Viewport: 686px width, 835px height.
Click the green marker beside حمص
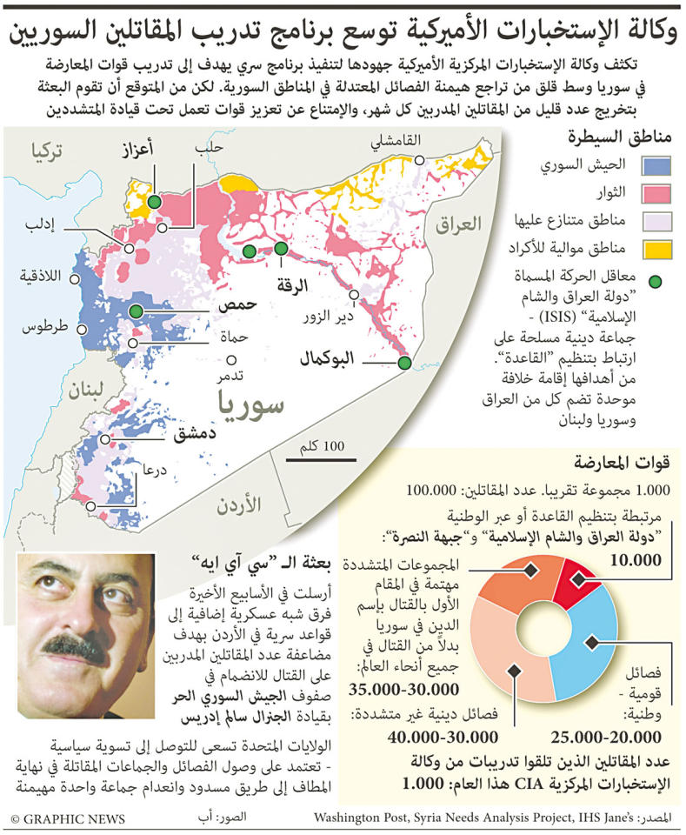click(x=137, y=311)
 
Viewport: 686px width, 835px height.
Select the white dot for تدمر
click(x=231, y=359)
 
